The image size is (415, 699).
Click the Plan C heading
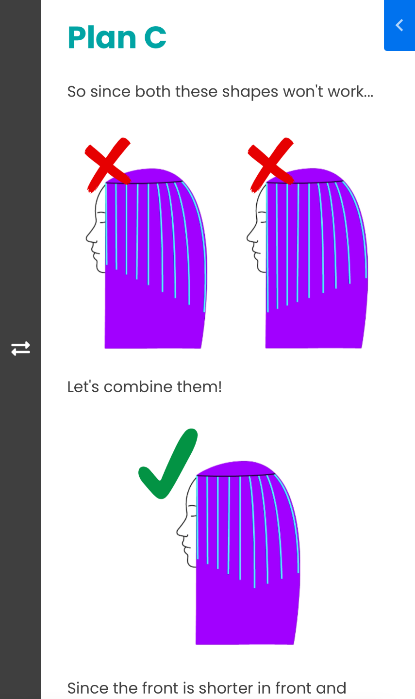pos(117,37)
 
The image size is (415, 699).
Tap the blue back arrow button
pos(399,25)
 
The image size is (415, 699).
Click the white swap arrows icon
pos(20,349)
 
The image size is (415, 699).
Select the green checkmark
pos(168,464)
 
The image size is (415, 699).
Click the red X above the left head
pos(108,165)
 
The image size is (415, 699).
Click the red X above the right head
pos(271,165)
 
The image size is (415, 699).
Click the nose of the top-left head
pos(87,238)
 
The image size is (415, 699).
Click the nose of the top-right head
pos(248,238)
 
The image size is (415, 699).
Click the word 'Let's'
pos(83,387)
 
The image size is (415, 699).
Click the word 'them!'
pos(199,387)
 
